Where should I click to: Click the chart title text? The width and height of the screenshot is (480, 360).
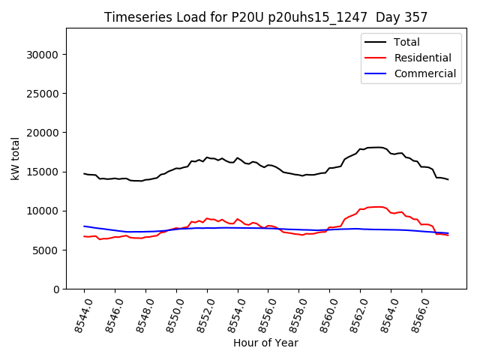265,17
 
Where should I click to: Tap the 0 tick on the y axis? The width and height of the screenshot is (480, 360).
57,289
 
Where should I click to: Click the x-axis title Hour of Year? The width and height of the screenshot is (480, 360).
265,343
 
